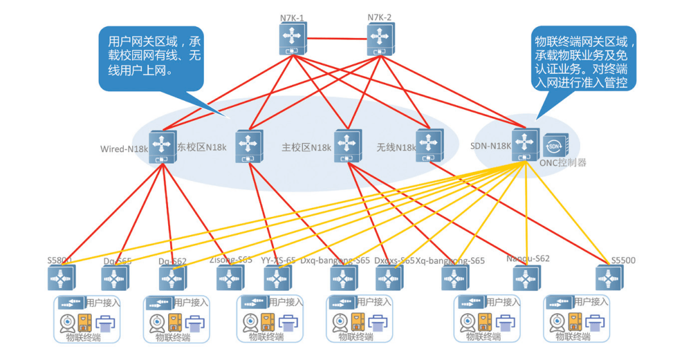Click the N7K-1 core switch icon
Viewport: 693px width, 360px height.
click(293, 39)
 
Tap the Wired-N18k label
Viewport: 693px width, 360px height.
click(124, 149)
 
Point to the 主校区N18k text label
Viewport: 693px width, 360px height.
click(307, 148)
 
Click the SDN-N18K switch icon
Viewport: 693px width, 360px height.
click(526, 144)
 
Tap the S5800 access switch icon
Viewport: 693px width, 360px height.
click(61, 278)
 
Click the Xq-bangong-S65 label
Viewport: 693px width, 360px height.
click(450, 261)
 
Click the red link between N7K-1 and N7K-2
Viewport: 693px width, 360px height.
click(336, 37)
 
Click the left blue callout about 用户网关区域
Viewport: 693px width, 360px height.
click(150, 58)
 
